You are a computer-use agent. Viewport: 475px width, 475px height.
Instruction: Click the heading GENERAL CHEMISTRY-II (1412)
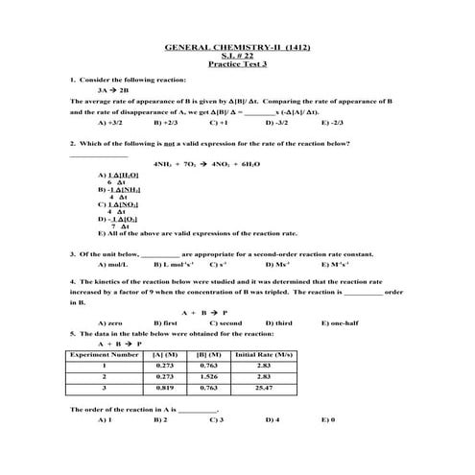click(237, 47)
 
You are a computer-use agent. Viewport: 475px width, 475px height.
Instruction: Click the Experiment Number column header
click(105, 354)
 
